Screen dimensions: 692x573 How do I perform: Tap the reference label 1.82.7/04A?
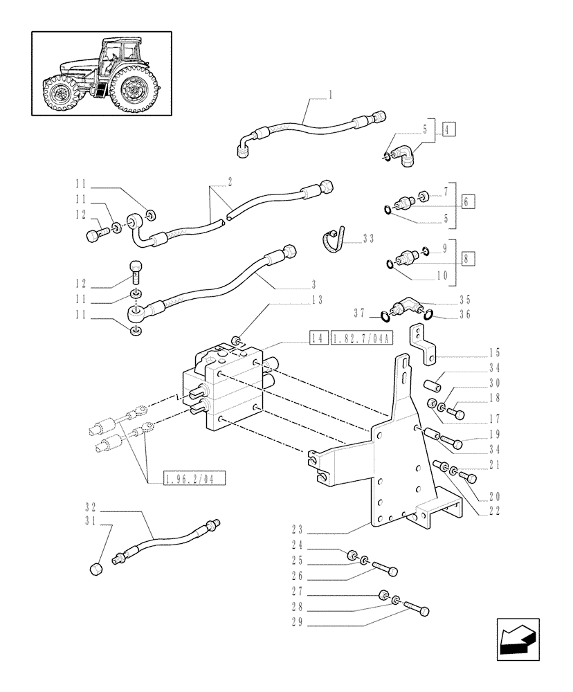[x=362, y=338]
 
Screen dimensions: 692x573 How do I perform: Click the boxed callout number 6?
[x=468, y=202]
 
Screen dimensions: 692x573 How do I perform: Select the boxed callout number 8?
[x=468, y=259]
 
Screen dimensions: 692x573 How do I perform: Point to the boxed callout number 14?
[x=318, y=338]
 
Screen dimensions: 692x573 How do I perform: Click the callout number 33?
[x=368, y=239]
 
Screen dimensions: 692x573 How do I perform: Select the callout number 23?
[x=300, y=534]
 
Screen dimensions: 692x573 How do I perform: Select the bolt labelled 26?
[x=385, y=570]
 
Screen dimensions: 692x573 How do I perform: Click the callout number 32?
[x=90, y=506]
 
